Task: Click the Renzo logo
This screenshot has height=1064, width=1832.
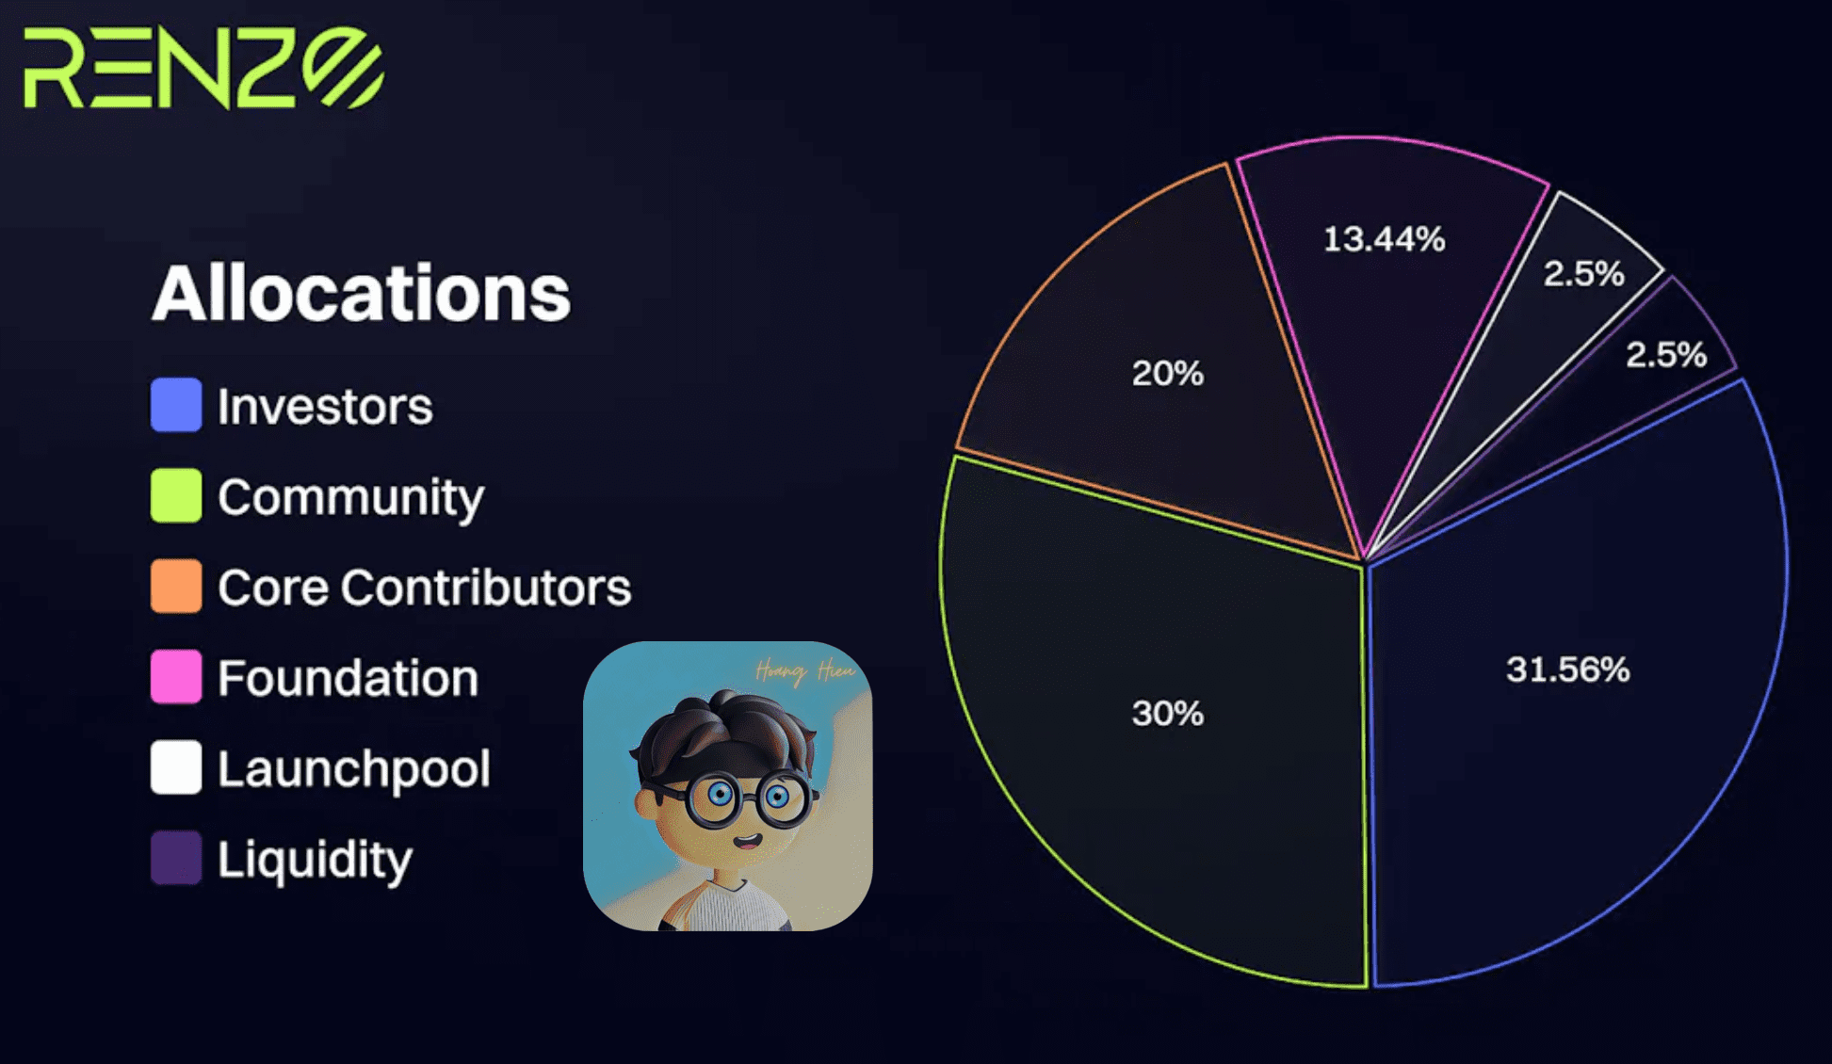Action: (203, 68)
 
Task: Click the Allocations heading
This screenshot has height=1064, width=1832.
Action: (362, 293)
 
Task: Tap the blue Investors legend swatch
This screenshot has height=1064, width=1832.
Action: (176, 405)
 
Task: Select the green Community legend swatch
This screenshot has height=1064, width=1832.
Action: (176, 495)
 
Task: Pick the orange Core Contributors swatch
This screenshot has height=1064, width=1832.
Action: (176, 586)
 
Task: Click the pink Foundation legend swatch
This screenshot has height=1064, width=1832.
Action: (176, 676)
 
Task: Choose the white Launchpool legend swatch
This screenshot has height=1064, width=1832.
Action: (176, 767)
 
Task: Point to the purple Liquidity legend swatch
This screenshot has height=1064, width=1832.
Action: (176, 858)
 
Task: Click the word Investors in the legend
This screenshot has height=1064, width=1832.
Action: (325, 407)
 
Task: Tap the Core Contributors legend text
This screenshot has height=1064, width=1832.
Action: (424, 588)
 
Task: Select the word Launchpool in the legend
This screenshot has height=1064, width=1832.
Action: (354, 769)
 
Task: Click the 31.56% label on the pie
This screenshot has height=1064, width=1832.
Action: (1567, 669)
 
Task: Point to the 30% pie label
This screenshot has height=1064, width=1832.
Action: (1168, 714)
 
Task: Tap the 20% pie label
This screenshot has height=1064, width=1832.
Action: (1168, 374)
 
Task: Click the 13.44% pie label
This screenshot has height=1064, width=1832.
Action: (1384, 239)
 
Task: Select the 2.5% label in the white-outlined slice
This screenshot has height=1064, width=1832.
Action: (1583, 274)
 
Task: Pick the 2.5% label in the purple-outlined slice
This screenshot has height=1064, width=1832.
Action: (1665, 355)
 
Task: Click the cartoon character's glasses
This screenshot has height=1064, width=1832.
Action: (748, 798)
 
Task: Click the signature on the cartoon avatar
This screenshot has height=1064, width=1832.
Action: (805, 671)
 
